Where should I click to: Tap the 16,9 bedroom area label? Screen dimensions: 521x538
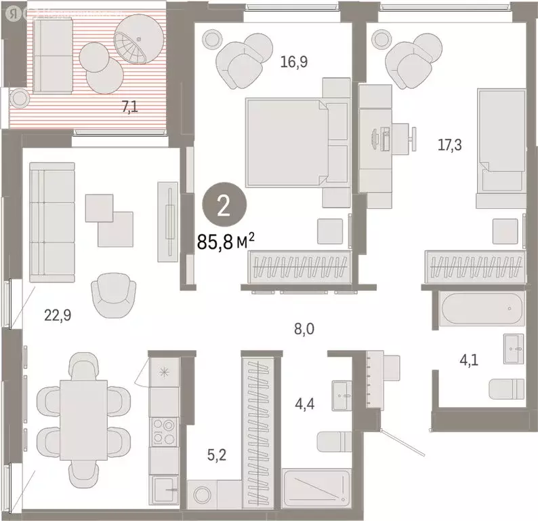click(294, 63)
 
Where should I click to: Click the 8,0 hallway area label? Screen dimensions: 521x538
click(304, 330)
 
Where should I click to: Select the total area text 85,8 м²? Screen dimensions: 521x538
click(226, 241)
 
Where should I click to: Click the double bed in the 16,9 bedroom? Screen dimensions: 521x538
click(287, 142)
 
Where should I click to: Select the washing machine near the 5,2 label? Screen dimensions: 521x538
click(203, 492)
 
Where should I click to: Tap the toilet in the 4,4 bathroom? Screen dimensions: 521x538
click(334, 440)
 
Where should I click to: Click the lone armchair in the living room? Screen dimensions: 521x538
click(112, 294)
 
